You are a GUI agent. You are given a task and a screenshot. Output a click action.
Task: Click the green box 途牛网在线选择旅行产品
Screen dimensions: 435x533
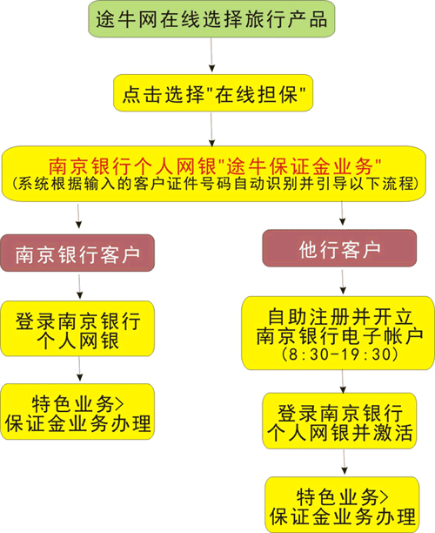[x=211, y=18]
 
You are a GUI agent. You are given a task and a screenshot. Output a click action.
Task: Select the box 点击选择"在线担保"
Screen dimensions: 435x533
[x=213, y=93]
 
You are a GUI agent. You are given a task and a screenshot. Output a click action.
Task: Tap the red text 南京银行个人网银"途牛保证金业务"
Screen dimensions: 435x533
[x=215, y=166]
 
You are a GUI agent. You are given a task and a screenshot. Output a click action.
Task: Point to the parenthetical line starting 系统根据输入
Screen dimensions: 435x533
[x=215, y=184]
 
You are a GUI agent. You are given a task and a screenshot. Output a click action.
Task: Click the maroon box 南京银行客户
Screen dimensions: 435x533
[x=77, y=253]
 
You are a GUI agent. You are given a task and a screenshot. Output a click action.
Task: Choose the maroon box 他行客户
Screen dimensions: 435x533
[x=339, y=248]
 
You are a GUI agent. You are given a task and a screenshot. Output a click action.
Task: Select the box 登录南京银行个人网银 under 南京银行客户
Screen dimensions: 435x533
[x=77, y=328]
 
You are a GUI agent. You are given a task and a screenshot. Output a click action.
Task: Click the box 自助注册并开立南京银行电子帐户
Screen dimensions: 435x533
[x=338, y=333]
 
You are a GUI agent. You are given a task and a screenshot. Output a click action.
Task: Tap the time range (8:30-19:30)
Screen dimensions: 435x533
[x=340, y=354]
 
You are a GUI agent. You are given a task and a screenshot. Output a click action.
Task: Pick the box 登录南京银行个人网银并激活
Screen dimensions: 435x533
[x=339, y=421]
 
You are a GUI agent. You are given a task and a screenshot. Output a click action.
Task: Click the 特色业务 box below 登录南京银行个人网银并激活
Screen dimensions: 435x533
[x=342, y=504]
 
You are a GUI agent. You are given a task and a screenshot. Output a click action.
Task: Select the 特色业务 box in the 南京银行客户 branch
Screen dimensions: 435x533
[x=77, y=412]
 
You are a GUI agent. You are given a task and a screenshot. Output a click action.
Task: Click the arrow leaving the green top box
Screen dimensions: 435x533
[x=211, y=55]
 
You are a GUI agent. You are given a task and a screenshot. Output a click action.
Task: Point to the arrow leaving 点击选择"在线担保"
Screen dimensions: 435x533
[x=212, y=130]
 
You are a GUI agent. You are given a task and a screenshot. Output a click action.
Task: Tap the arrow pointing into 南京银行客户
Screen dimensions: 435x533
[x=79, y=216]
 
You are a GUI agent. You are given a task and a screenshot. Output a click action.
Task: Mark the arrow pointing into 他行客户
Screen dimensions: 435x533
[x=342, y=213]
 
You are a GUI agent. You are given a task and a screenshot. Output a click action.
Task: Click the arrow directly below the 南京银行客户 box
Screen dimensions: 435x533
[x=79, y=287]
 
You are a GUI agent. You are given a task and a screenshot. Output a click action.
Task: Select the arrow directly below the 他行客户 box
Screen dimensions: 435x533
[x=343, y=282]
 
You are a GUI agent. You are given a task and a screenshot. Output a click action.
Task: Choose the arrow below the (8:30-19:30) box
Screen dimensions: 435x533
[x=343, y=381]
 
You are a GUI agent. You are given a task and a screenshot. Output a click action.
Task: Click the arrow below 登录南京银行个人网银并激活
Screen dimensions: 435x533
[x=344, y=462]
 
